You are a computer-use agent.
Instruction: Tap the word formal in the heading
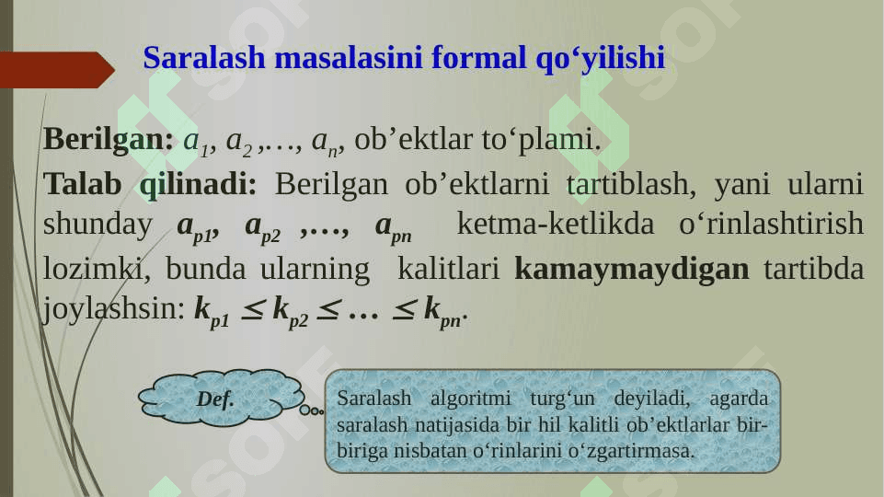(478, 58)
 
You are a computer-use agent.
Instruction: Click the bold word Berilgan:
(109, 139)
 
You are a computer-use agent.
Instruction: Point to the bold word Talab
(82, 183)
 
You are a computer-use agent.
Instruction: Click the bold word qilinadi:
(198, 184)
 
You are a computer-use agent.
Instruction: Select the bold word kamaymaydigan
(632, 270)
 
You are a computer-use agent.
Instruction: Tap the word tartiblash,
(631, 184)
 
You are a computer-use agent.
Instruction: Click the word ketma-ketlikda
(556, 224)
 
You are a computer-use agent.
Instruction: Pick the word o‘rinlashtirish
(771, 224)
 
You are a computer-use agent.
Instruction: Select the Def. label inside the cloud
(215, 399)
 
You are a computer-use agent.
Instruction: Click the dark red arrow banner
(57, 70)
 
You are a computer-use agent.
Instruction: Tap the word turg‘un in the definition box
(562, 399)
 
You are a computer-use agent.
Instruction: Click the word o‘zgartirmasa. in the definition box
(631, 451)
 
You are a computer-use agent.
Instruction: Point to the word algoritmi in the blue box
(471, 399)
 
